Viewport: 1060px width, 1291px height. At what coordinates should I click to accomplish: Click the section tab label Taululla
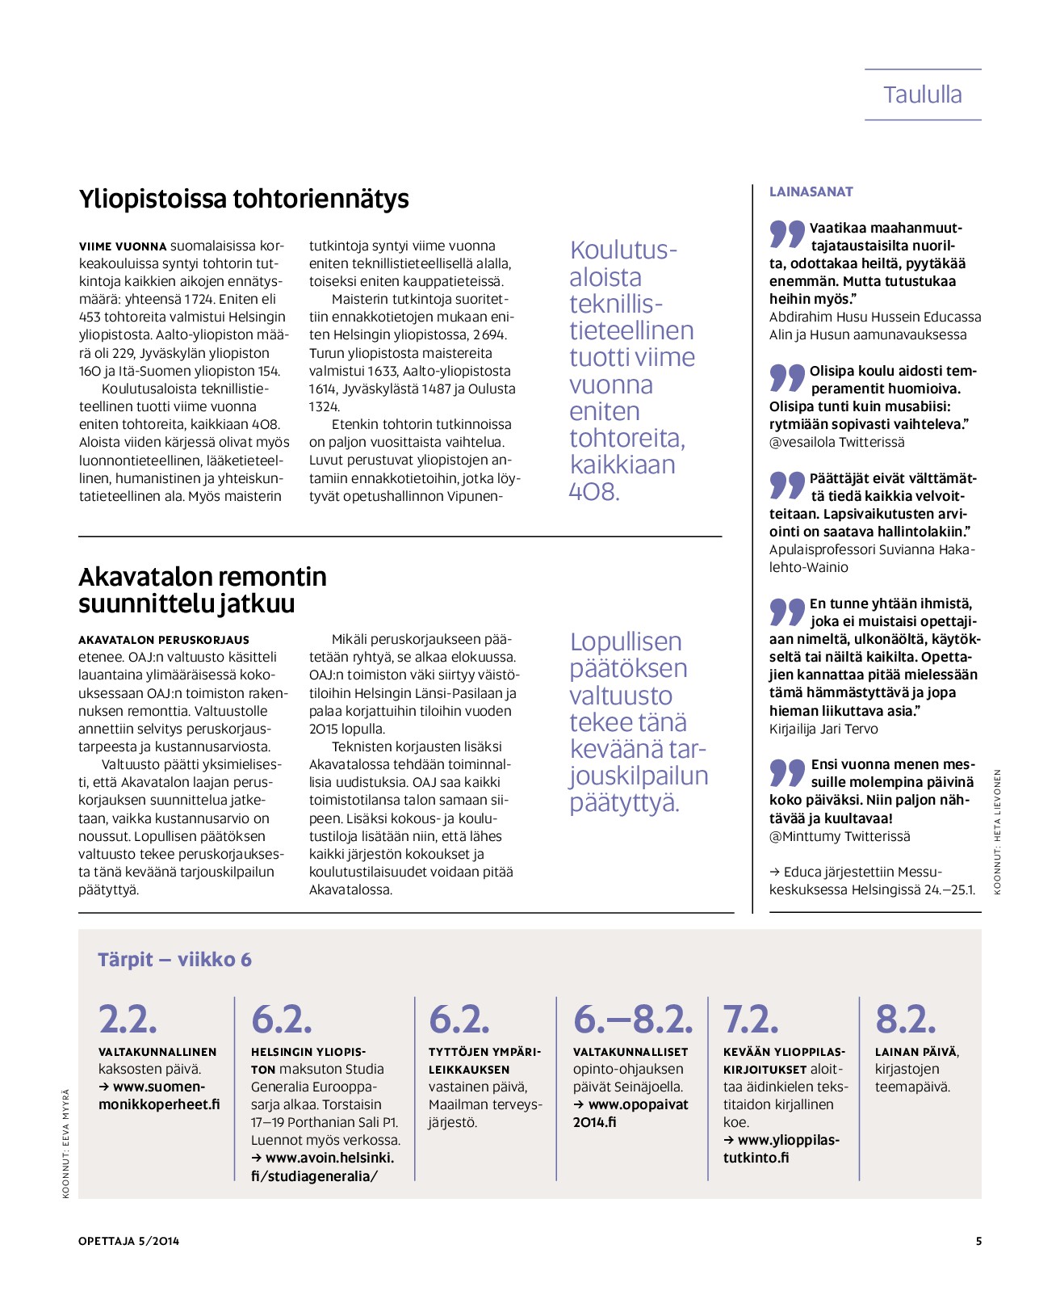(x=922, y=95)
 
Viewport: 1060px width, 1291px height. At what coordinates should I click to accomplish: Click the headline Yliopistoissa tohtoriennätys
(x=244, y=199)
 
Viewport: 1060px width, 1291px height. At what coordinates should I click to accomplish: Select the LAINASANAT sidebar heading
(x=811, y=191)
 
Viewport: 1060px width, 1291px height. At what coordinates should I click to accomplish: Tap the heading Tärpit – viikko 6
(x=174, y=959)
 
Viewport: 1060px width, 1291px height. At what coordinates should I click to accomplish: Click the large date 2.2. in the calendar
(x=128, y=1019)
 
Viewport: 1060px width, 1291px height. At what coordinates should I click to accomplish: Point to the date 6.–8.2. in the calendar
(x=632, y=1019)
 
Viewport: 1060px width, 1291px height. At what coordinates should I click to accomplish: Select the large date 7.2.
(x=750, y=1019)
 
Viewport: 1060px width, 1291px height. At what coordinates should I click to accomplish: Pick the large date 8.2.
(x=905, y=1019)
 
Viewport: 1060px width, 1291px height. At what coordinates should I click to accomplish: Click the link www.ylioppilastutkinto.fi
(x=781, y=1149)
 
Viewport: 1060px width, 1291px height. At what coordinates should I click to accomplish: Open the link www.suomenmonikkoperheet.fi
(x=159, y=1095)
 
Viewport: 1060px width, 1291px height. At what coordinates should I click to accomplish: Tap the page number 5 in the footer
(x=978, y=1241)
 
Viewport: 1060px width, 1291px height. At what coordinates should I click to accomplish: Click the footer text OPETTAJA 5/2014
(x=128, y=1241)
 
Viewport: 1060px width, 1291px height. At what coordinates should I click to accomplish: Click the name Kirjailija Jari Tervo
(x=823, y=729)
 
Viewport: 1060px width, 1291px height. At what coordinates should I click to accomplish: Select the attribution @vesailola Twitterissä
(x=836, y=442)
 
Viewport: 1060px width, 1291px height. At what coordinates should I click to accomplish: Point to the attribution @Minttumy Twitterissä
(x=839, y=836)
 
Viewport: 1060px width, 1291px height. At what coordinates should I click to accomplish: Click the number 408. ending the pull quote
(x=594, y=491)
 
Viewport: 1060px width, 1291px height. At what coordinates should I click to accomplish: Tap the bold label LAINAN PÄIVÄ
(x=915, y=1052)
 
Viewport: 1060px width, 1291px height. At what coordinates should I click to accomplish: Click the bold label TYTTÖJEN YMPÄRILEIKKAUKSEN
(x=484, y=1060)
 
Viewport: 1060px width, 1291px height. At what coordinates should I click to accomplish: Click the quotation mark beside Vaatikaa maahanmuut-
(x=786, y=233)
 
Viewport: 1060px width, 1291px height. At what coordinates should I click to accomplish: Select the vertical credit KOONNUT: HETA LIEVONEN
(x=997, y=831)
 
